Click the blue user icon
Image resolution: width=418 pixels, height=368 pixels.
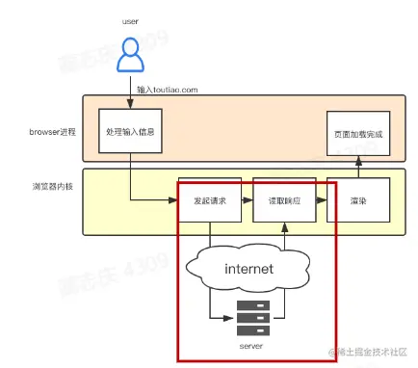pos(130,57)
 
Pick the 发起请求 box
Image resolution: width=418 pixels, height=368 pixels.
pos(203,200)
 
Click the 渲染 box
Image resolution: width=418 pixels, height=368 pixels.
pos(358,200)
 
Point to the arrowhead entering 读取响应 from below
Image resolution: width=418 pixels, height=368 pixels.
pos(284,228)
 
